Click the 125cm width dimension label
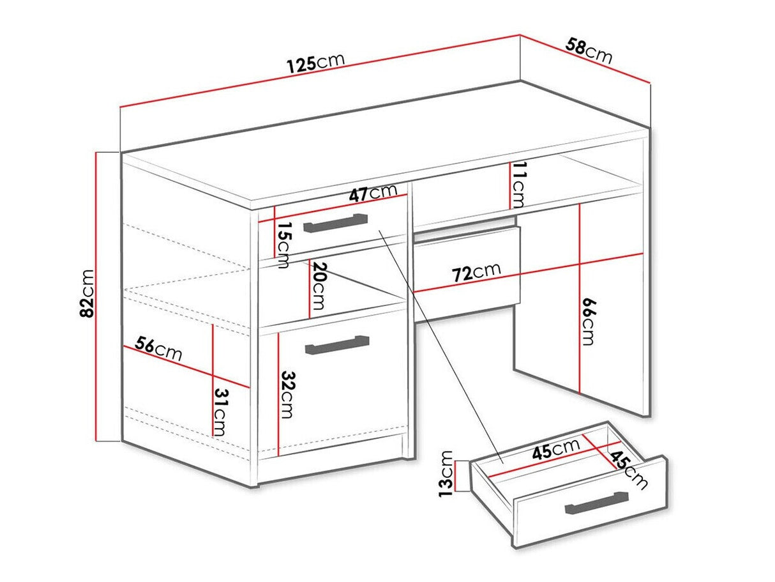(x=315, y=63)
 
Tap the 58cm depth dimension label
(x=589, y=51)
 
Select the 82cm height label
(x=87, y=293)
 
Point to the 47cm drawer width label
(x=372, y=193)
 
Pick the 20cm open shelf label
(x=319, y=286)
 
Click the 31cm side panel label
(x=220, y=412)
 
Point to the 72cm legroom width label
(x=476, y=273)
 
